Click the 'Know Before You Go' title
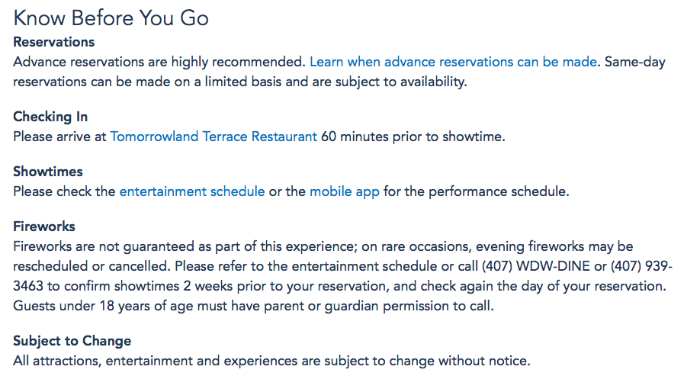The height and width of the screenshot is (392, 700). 111,18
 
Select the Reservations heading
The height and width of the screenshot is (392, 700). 54,42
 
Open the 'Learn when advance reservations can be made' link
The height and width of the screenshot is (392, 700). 454,62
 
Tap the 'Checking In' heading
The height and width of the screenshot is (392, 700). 50,117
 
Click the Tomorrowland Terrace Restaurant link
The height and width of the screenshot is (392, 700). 214,137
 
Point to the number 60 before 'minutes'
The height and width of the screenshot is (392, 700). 329,137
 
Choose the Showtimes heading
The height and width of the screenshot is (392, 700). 48,172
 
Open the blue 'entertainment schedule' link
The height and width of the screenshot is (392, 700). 192,191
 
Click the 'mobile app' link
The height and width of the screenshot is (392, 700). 345,191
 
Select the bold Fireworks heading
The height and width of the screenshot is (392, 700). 44,227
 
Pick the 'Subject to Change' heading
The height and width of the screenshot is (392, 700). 72,341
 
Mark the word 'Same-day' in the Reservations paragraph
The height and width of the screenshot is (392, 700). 635,62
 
